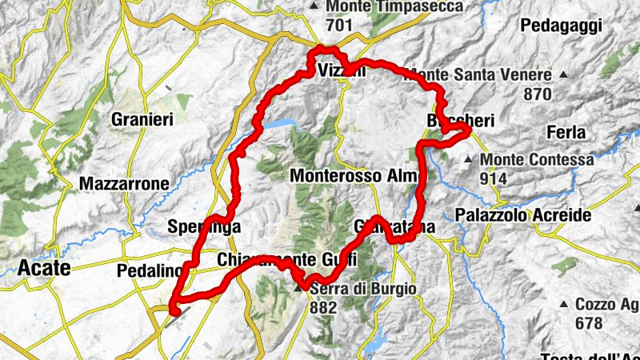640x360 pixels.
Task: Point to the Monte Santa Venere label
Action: pyautogui.click(x=480, y=76)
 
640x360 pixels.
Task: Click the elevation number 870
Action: pyautogui.click(x=538, y=94)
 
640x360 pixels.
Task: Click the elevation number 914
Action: pyautogui.click(x=494, y=178)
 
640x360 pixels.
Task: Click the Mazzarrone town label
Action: pyautogui.click(x=124, y=184)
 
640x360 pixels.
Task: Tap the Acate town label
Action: pyautogui.click(x=45, y=267)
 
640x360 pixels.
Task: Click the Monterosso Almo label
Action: pyautogui.click(x=359, y=175)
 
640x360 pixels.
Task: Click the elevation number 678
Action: pyautogui.click(x=590, y=323)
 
